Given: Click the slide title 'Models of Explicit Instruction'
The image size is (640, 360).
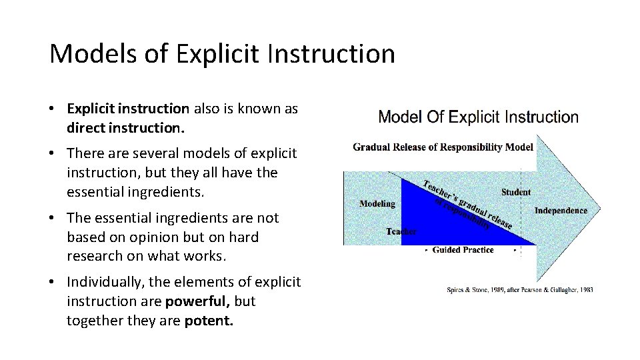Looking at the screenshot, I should click(x=222, y=54).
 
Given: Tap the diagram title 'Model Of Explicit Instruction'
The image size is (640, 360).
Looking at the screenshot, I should click(x=478, y=117).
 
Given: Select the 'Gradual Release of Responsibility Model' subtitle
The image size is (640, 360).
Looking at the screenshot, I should click(x=443, y=147).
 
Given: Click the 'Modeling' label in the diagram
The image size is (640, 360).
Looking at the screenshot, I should click(x=377, y=204).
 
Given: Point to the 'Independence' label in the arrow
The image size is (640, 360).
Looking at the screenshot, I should click(x=561, y=211).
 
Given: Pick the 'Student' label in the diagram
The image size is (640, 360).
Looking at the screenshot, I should click(x=516, y=192).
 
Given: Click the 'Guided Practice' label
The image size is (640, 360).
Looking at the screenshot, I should click(x=463, y=250).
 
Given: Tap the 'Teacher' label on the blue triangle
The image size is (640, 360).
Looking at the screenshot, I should click(x=401, y=231).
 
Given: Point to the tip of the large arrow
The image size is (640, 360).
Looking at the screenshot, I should click(x=599, y=209).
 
